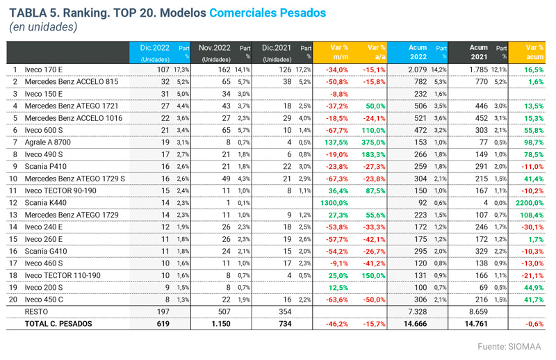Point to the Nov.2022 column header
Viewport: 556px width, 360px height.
pyautogui.click(x=215, y=47)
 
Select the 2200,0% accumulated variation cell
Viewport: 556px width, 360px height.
pyautogui.click(x=530, y=202)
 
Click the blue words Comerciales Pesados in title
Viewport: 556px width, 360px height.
pyautogui.click(x=268, y=12)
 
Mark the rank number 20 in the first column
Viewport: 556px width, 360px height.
pyautogui.click(x=14, y=298)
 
